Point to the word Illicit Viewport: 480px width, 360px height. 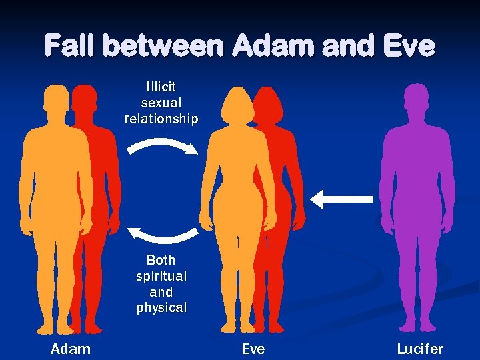point(161,87)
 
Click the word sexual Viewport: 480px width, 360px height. point(161,103)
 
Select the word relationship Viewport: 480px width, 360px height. point(161,119)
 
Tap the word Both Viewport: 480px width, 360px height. point(161,260)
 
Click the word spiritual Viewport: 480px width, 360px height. point(161,276)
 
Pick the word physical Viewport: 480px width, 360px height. point(161,308)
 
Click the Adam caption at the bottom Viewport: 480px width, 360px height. point(71,349)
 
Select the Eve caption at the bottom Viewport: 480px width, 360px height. point(253,349)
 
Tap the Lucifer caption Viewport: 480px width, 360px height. point(420,349)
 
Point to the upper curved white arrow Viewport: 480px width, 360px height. point(163,146)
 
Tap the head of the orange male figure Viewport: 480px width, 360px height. point(56,101)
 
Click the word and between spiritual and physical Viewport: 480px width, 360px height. point(161,292)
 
